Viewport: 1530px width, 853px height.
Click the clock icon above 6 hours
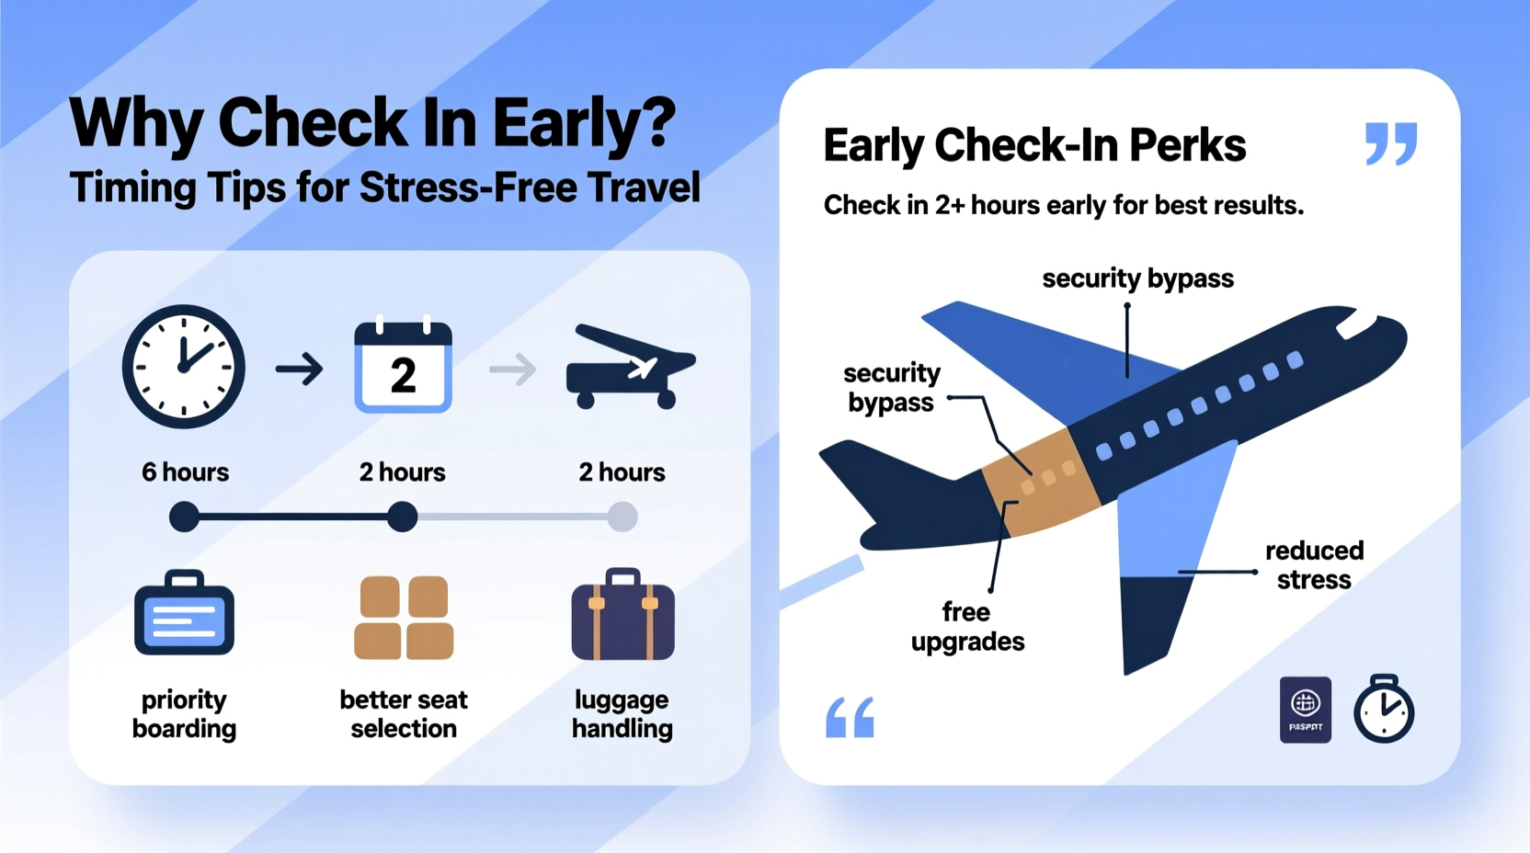tap(184, 367)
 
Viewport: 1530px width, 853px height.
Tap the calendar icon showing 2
tap(403, 367)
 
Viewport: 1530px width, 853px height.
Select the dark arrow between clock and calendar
tap(300, 370)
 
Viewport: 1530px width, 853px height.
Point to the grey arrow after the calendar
tap(513, 370)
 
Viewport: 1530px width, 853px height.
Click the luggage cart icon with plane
tap(631, 368)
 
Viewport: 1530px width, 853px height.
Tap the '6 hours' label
tap(185, 472)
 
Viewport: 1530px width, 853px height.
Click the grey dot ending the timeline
tap(622, 517)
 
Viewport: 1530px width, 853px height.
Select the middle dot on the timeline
tap(402, 517)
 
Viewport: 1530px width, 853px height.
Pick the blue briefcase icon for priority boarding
tap(184, 613)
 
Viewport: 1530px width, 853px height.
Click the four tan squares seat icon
tap(404, 618)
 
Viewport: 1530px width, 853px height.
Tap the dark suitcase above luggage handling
tap(622, 615)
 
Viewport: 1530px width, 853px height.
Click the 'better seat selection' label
tap(404, 714)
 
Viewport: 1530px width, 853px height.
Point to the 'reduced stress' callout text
tap(1314, 565)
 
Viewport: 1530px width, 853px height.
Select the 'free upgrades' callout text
tap(967, 627)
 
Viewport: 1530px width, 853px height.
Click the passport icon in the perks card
tap(1305, 710)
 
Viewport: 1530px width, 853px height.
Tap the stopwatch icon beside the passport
tap(1383, 709)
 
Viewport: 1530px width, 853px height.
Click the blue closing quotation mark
tap(1391, 143)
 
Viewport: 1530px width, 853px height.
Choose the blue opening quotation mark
tap(850, 718)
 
